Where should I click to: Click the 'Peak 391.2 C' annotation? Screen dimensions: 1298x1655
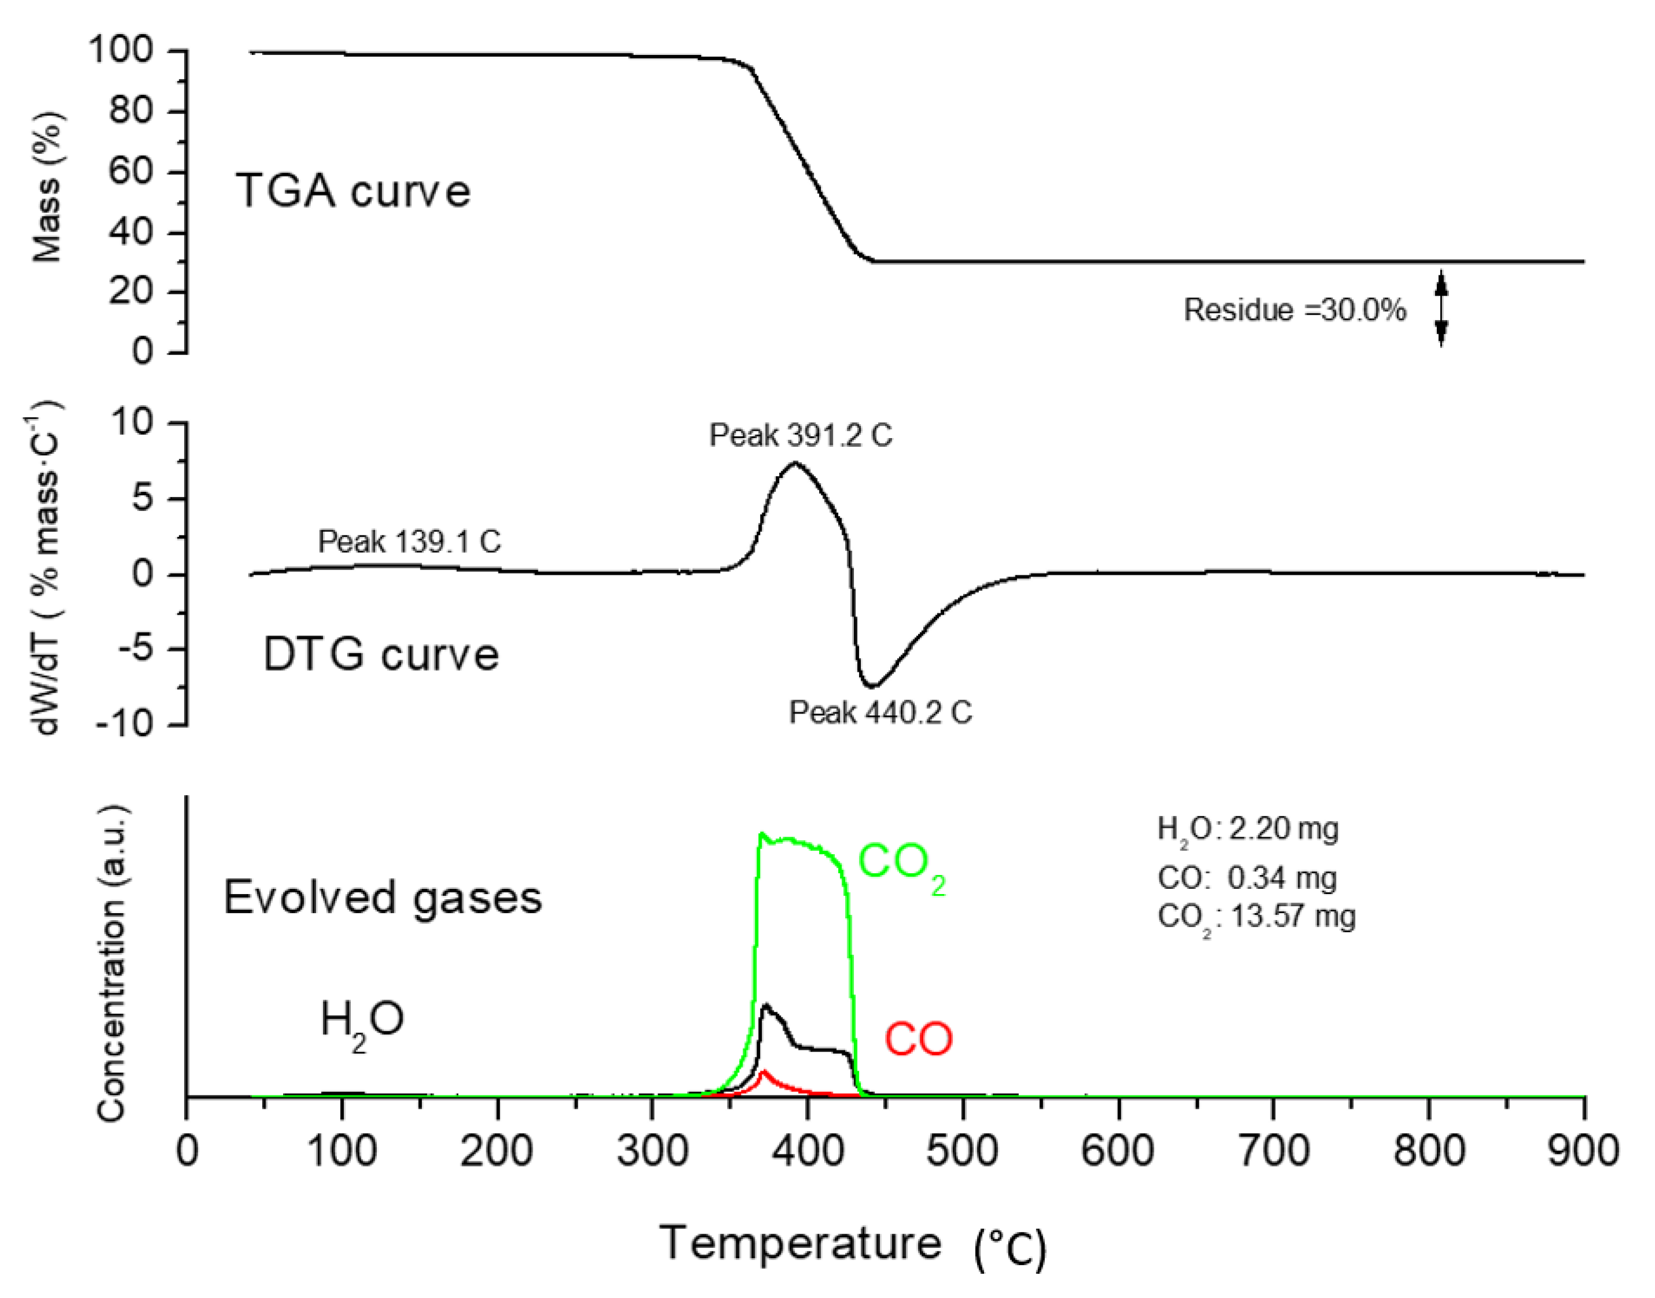(x=800, y=435)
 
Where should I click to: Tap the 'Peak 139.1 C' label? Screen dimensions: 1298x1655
(x=409, y=541)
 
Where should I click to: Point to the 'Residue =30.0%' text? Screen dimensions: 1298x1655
(x=1294, y=310)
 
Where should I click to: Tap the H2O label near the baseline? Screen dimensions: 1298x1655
(x=361, y=1021)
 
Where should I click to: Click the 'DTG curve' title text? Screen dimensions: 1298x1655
(x=380, y=654)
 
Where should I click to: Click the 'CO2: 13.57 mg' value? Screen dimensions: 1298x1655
(x=1256, y=917)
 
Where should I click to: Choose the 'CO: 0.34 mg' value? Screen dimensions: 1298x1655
(x=1247, y=878)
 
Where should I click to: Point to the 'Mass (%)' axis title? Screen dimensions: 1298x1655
(x=47, y=187)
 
